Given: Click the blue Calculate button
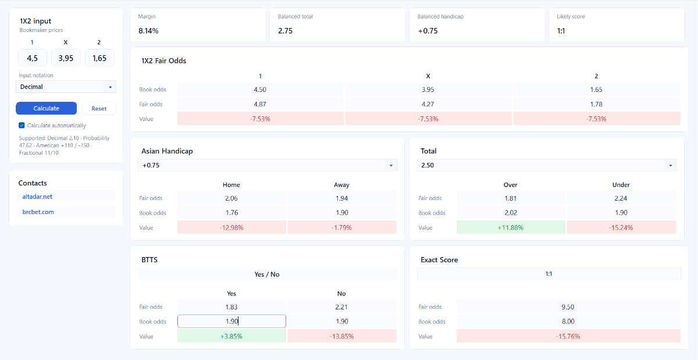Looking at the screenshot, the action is coord(46,108).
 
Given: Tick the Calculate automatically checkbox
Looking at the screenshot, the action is coord(22,125).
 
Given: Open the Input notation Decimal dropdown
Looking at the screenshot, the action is coord(66,87).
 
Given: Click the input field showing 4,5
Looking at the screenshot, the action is coord(33,58).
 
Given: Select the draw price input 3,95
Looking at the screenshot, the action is coord(66,58).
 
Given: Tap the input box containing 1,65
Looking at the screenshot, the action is coord(99,58).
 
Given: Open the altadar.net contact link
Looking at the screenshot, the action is coord(37,197).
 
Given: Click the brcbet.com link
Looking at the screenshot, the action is coord(38,212).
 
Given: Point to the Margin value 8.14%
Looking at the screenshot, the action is coord(149,31).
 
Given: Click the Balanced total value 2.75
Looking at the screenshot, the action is coord(286,31).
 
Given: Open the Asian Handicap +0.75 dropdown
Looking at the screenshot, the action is coord(268,165).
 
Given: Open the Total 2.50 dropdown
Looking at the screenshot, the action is coord(547,165).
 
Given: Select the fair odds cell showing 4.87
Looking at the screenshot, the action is coord(260,104).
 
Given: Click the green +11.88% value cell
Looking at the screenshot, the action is coord(511,227).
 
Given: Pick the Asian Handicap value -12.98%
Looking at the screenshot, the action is coord(232,227).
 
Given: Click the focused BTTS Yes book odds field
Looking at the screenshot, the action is coord(232,322).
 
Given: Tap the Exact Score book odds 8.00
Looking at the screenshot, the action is coord(568,322).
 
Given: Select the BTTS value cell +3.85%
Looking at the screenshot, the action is coord(232,336).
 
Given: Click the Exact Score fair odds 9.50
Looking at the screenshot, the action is coord(568,306).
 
